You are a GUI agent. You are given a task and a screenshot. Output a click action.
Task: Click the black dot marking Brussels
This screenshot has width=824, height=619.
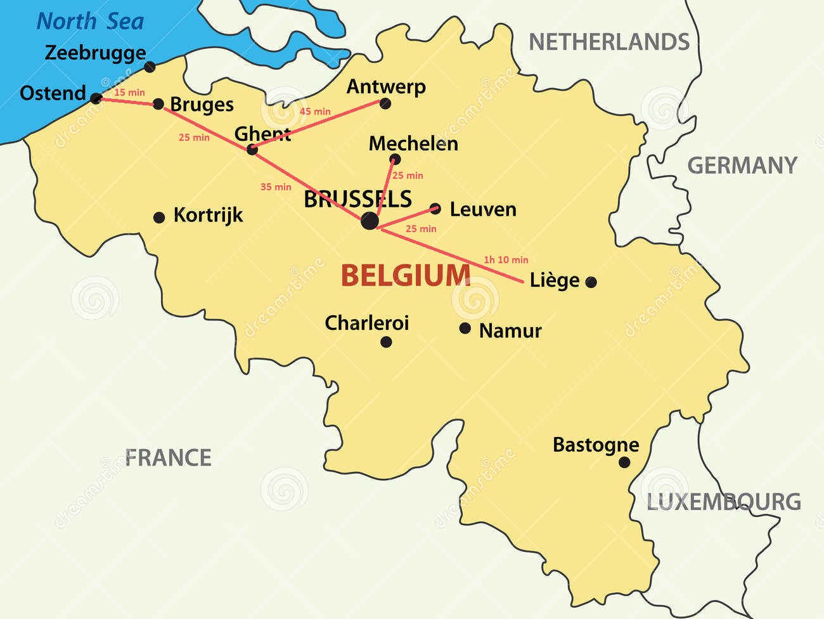coord(370,221)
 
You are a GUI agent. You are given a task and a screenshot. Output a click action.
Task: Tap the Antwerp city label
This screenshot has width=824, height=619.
coord(386,86)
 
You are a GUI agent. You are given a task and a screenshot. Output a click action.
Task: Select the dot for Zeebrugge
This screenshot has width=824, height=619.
coord(150,67)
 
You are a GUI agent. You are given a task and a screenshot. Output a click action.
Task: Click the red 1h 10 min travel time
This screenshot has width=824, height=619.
coord(506,260)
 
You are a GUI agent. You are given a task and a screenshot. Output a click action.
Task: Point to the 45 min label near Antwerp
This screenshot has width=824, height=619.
coord(315,112)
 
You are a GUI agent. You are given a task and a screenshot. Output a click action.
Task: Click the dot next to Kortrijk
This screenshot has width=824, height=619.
coord(159,218)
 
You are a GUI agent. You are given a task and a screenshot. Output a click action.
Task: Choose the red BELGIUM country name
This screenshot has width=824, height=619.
coord(406,276)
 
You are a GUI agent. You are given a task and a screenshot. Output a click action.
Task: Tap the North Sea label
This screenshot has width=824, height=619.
coord(91,22)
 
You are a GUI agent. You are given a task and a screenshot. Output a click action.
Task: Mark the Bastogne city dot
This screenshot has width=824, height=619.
coord(624,462)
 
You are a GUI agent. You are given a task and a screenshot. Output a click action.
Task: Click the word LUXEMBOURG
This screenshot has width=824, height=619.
coord(723,502)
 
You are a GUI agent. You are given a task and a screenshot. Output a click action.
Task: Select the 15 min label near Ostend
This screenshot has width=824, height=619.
coord(129,93)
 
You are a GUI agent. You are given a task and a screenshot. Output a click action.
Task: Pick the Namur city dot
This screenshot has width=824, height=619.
coord(465,328)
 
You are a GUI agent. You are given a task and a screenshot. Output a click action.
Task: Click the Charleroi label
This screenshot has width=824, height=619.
coord(367,323)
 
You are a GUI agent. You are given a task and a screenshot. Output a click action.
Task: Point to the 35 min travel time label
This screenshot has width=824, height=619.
coord(276,187)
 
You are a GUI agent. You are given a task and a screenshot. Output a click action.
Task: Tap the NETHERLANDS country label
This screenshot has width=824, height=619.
coord(609,42)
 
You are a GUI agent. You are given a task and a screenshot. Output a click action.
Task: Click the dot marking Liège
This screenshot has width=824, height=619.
coord(591,282)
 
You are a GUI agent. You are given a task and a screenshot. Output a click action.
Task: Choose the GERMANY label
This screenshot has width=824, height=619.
coord(742,166)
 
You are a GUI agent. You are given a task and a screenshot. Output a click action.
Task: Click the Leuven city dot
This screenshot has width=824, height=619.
coord(435,208)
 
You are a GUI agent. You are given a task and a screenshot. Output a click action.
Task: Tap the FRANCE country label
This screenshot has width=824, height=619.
coord(168,458)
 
